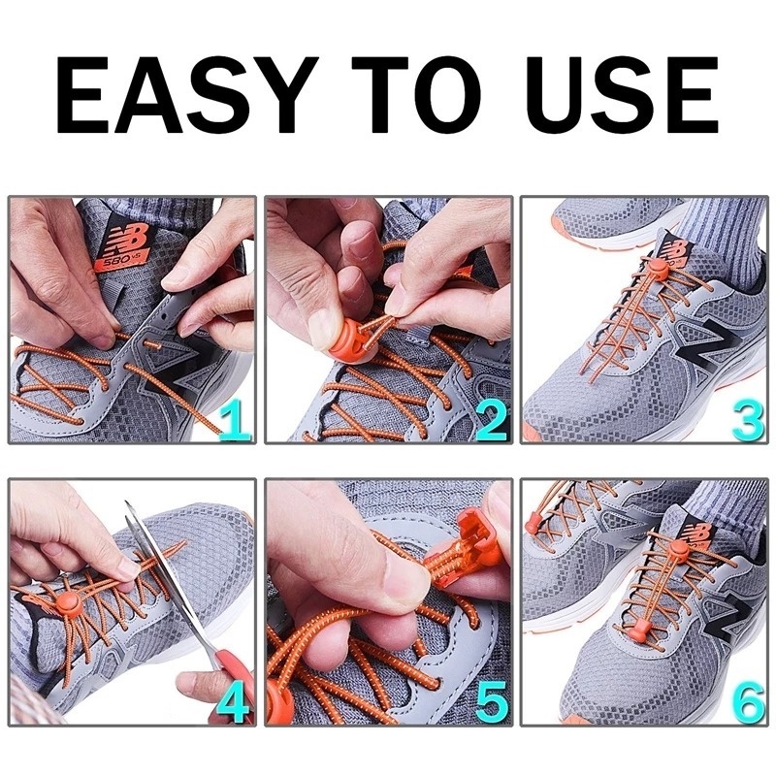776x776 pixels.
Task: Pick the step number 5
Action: pyautogui.click(x=490, y=700)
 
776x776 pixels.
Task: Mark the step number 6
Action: pyautogui.click(x=747, y=700)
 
